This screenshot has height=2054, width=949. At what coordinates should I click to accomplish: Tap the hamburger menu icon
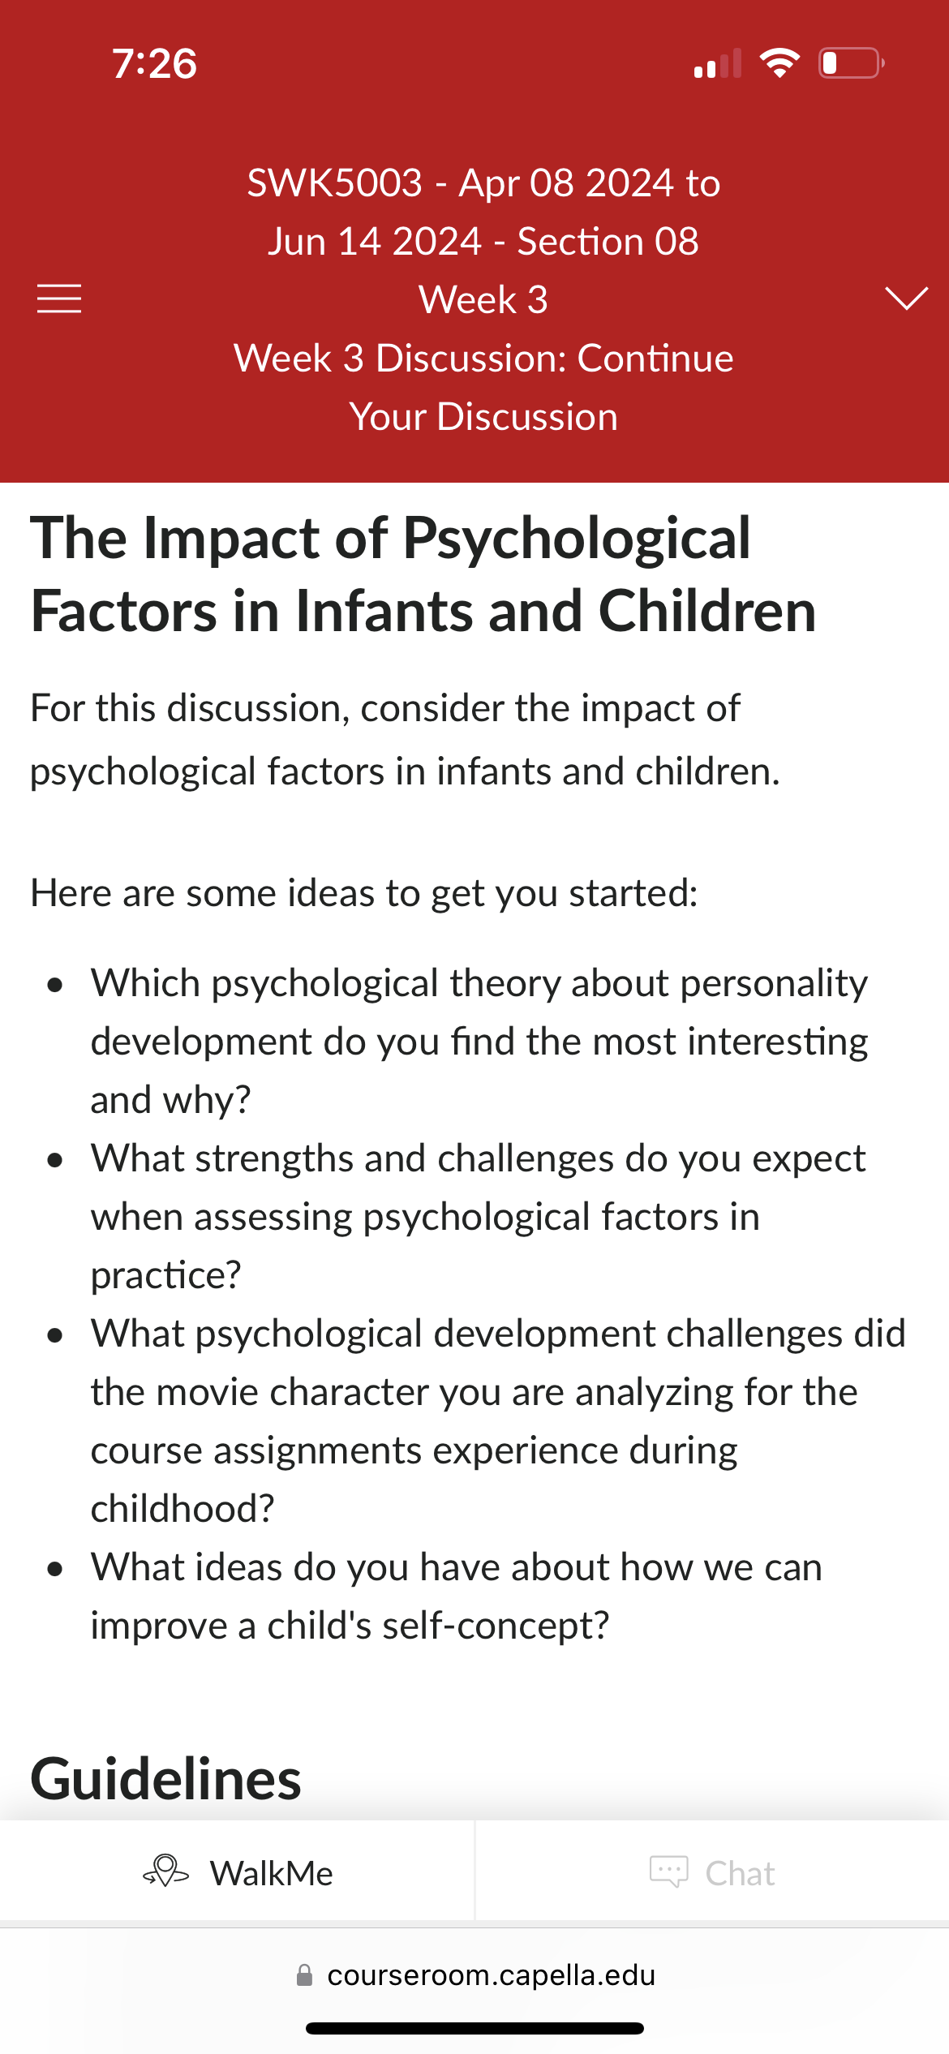pyautogui.click(x=59, y=299)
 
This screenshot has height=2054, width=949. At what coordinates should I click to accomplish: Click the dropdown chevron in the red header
pyautogui.click(x=906, y=299)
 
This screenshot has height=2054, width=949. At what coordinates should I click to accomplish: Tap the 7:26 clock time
pyautogui.click(x=154, y=63)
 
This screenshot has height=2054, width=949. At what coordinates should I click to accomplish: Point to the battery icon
pyautogui.click(x=851, y=63)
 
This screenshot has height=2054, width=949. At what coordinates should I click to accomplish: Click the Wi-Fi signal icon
pyautogui.click(x=779, y=62)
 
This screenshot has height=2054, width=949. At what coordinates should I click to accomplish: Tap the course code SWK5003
pyautogui.click(x=335, y=183)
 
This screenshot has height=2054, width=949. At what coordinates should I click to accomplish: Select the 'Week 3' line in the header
pyautogui.click(x=483, y=299)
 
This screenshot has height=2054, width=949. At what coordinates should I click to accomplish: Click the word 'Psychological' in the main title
pyautogui.click(x=577, y=539)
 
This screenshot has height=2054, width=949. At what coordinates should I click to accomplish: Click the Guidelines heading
pyautogui.click(x=166, y=1779)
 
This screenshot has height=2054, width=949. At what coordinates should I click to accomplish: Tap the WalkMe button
pyautogui.click(x=238, y=1873)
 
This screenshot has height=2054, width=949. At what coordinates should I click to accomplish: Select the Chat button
pyautogui.click(x=712, y=1873)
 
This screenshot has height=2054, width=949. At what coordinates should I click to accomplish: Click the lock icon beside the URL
pyautogui.click(x=305, y=1975)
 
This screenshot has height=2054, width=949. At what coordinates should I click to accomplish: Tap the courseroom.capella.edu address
pyautogui.click(x=492, y=1975)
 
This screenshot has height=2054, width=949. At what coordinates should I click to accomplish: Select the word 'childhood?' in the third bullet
pyautogui.click(x=182, y=1509)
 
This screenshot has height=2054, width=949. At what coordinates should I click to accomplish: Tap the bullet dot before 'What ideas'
pyautogui.click(x=55, y=1570)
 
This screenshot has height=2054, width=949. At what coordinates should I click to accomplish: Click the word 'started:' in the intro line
pyautogui.click(x=633, y=893)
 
